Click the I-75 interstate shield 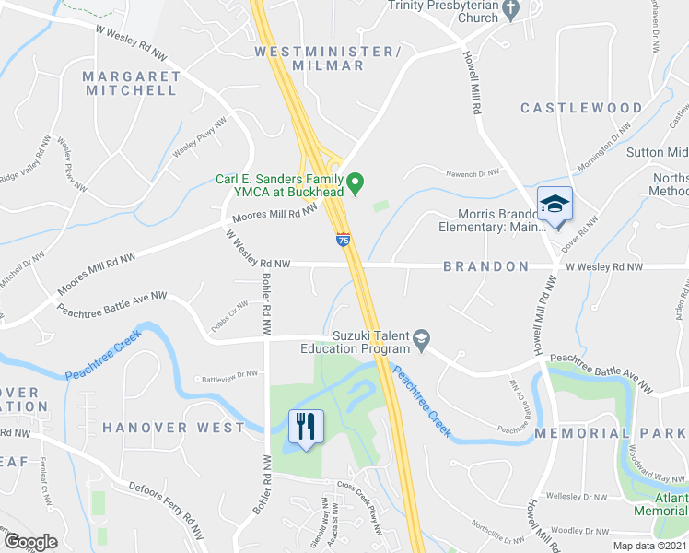tap(343, 240)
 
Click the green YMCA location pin tap(360, 180)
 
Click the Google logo tap(31, 541)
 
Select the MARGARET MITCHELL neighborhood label tap(131, 83)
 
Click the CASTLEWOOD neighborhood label tap(581, 108)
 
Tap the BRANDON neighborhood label tap(486, 266)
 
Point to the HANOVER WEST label tap(174, 428)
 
